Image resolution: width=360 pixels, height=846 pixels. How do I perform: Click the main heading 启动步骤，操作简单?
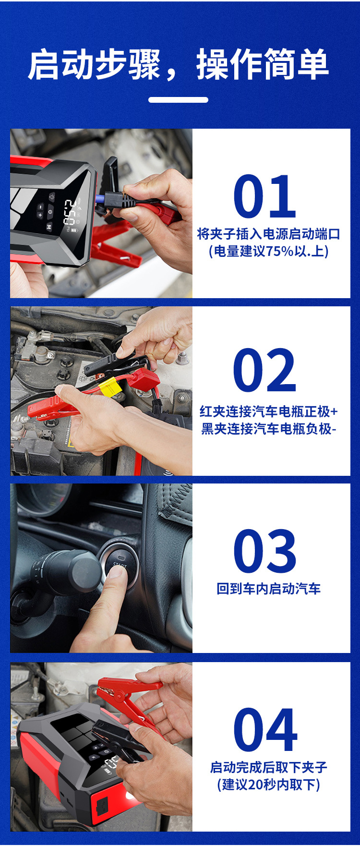tap(178, 64)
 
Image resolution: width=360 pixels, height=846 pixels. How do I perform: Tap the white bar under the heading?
tap(178, 100)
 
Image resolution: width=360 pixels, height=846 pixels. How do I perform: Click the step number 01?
tap(264, 197)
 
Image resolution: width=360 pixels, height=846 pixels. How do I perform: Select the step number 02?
tap(264, 371)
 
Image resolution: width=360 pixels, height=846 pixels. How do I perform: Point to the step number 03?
tap(264, 551)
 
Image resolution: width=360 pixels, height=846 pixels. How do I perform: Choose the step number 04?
tap(265, 730)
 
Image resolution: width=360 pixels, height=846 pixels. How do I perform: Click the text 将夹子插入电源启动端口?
tap(268, 234)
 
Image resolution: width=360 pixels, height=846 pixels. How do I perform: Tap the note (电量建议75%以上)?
tap(268, 251)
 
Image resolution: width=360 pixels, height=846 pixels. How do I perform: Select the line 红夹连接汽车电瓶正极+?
tap(268, 411)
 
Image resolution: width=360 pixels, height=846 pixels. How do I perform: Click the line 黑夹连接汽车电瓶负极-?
tap(268, 428)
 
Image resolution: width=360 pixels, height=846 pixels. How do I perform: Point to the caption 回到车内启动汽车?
tap(268, 589)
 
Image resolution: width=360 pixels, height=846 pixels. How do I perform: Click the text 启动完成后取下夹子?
tap(268, 767)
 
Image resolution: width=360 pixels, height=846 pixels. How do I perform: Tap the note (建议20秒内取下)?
tap(268, 785)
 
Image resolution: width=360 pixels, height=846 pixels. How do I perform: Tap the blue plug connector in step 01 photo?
tap(101, 199)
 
